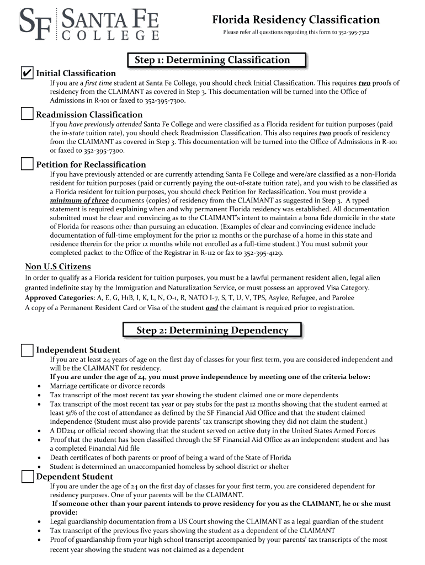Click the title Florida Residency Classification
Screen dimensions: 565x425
[x=296, y=20]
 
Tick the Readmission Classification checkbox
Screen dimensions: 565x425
[x=27, y=114]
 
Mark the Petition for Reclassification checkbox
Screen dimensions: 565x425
[x=27, y=164]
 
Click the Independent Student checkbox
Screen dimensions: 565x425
[x=27, y=350]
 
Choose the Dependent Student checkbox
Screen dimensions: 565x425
[x=27, y=476]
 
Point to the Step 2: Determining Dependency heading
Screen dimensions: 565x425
[x=212, y=331]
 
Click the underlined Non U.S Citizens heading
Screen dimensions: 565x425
[x=58, y=267]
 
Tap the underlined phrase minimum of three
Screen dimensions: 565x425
[x=79, y=200]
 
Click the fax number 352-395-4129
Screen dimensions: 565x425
[x=273, y=253]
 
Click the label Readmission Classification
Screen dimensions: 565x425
[x=89, y=115]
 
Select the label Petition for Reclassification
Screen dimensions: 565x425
[x=91, y=164]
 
